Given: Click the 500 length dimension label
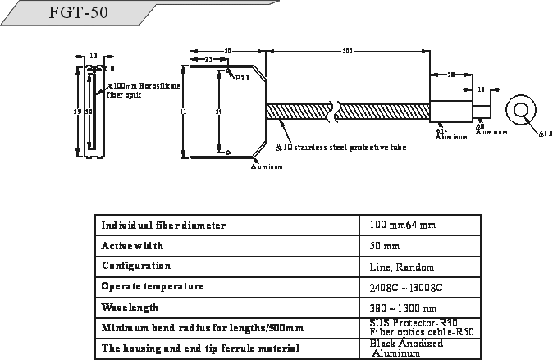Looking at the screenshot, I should point(348,51).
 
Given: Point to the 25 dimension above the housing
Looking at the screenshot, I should point(208,60).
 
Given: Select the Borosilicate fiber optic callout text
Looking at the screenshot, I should point(140,89).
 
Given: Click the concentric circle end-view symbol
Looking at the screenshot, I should point(520,111).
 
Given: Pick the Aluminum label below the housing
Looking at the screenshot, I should point(267,166).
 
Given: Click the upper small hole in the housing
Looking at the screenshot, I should point(229,71).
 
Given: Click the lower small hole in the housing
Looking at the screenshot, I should point(228,151).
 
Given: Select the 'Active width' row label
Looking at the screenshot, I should point(132,245).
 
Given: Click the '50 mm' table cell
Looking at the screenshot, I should point(385,246).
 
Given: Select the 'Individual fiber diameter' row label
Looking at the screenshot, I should point(163,225).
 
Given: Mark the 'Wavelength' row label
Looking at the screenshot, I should point(130,308).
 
